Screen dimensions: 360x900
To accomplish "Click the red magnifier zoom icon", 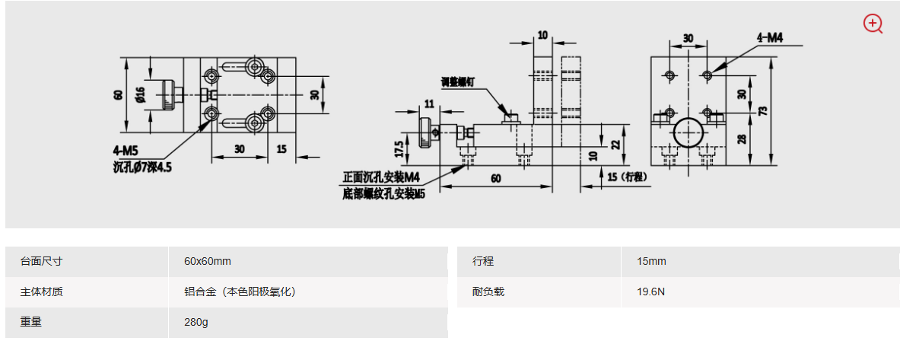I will click(x=873, y=24).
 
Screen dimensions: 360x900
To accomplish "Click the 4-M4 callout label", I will click(x=769, y=37).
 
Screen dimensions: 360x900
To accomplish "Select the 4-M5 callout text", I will click(x=126, y=149).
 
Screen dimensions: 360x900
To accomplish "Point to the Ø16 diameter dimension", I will click(x=140, y=94).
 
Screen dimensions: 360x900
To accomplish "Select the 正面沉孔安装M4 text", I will click(x=381, y=177).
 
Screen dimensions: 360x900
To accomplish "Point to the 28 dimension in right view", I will click(x=741, y=139).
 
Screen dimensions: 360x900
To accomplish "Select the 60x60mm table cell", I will click(x=208, y=261).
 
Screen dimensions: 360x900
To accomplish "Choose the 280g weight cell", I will click(x=196, y=322).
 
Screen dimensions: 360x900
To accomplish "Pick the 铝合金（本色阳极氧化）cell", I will click(x=240, y=292).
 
